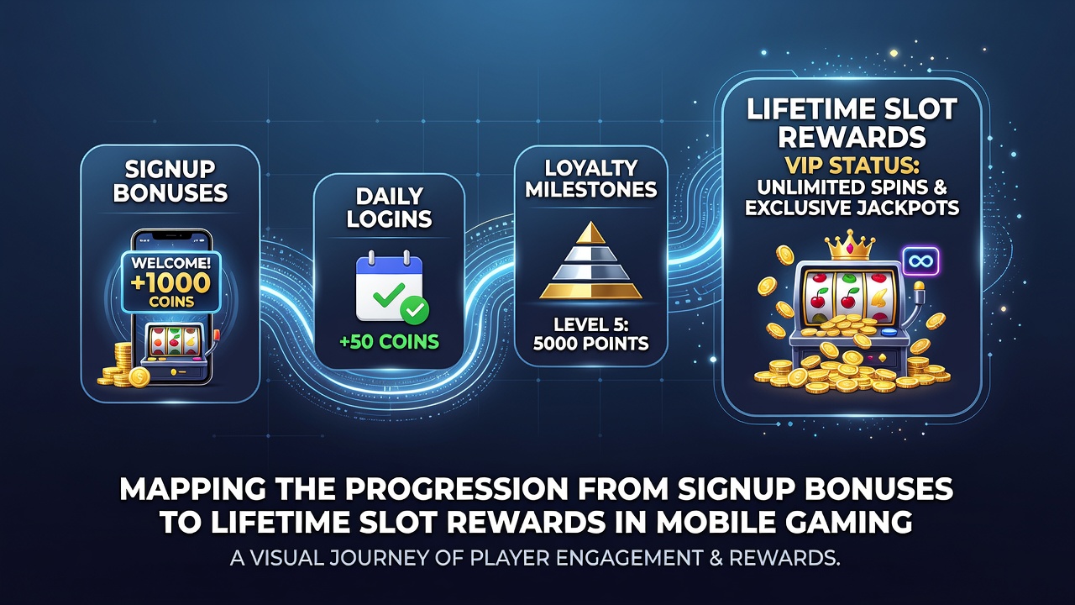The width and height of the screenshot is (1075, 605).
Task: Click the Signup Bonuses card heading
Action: pos(170,181)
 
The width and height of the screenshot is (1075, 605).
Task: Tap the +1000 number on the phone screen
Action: pos(170,283)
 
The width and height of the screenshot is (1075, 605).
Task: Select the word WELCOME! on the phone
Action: pos(170,263)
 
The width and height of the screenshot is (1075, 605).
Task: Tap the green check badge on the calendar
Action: pos(415,310)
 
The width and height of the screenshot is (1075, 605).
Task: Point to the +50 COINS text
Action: pos(389,341)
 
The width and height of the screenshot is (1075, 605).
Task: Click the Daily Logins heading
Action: pos(389,208)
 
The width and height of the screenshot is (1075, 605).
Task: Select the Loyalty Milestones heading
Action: pos(590,179)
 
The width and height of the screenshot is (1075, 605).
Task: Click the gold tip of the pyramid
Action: pos(590,233)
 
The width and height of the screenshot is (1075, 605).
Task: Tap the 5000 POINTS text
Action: pos(590,344)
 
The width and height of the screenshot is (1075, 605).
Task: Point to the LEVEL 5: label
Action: pos(590,324)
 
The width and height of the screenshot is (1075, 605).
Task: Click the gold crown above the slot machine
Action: pos(851,245)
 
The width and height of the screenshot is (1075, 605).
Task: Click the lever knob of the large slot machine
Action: pos(919,287)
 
